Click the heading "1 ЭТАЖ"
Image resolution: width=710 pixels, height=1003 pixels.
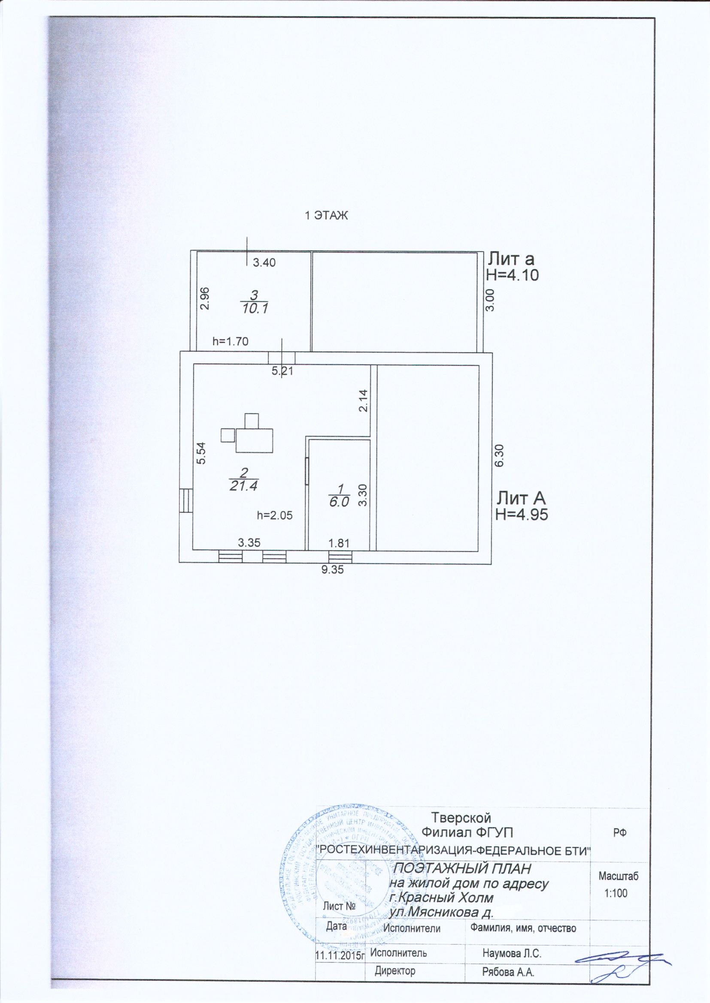coord(326,215)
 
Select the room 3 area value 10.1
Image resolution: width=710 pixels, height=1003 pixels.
coord(255,309)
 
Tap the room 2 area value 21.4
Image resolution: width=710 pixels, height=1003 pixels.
coord(243,485)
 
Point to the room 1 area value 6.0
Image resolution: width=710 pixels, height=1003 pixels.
coord(339,502)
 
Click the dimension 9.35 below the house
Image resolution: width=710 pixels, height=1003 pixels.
coord(332,569)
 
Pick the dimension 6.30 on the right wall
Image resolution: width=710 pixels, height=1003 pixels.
coord(499,456)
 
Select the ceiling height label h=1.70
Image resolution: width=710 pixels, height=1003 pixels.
coord(231,341)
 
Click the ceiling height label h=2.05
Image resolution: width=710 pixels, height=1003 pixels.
coord(275,515)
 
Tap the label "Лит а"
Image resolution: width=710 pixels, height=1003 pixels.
coord(511,259)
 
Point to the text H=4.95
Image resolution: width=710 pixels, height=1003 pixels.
coord(522,515)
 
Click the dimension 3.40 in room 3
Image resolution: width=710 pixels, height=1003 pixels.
coord(264,262)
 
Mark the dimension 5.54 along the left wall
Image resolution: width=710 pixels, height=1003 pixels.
coord(200,454)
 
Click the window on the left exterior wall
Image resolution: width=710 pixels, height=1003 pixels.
coord(186,500)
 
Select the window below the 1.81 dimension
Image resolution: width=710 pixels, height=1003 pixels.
coord(340,556)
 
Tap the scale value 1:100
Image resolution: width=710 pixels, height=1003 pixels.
coord(616,893)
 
